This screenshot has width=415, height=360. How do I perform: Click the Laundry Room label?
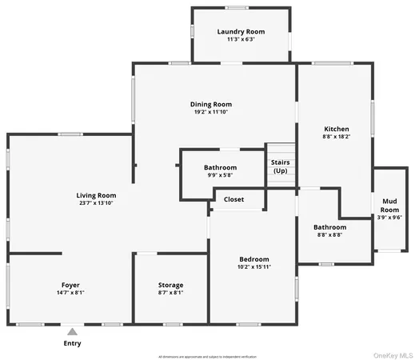241,32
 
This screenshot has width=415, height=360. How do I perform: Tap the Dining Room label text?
211,104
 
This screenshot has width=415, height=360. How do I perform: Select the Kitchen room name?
336,129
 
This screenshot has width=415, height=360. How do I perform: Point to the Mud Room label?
389,206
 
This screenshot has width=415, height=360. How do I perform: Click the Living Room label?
96,195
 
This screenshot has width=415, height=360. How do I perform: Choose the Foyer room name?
70,285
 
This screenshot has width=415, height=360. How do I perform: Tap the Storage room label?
170,285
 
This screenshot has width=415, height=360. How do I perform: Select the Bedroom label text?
254,259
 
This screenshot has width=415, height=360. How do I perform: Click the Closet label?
234,199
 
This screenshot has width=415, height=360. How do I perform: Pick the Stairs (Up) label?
280,166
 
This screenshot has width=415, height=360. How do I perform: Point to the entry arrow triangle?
72,330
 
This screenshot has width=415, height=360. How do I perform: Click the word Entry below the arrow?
72,343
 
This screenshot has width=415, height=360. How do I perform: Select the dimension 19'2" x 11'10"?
211,113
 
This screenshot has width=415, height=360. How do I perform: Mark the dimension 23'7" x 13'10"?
96,204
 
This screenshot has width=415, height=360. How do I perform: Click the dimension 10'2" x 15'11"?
254,268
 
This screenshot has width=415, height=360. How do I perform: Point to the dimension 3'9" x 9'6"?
389,218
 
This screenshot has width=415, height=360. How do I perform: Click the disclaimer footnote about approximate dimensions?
207,356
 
